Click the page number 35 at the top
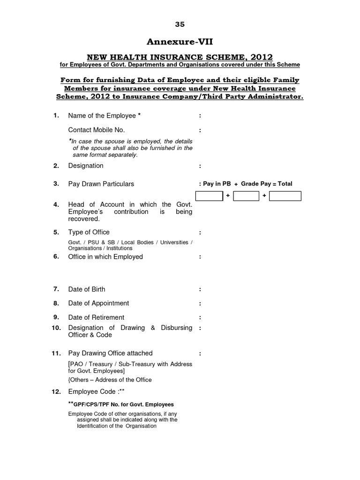click(x=180, y=24)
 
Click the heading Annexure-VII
click(x=180, y=42)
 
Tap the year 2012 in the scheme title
click(x=257, y=57)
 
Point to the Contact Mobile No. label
click(x=97, y=130)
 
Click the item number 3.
click(x=56, y=184)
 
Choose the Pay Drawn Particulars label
click(x=101, y=184)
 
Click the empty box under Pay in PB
click(x=209, y=196)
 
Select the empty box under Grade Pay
click(x=246, y=196)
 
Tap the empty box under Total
click(x=285, y=196)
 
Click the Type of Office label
click(x=89, y=232)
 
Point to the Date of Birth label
click(x=87, y=289)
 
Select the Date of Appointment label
click(x=98, y=303)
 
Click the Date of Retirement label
click(x=96, y=317)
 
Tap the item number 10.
click(x=56, y=328)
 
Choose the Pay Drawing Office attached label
click(x=110, y=353)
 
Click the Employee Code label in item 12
click(x=93, y=392)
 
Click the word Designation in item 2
click(x=86, y=165)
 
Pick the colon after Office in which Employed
click(x=200, y=257)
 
